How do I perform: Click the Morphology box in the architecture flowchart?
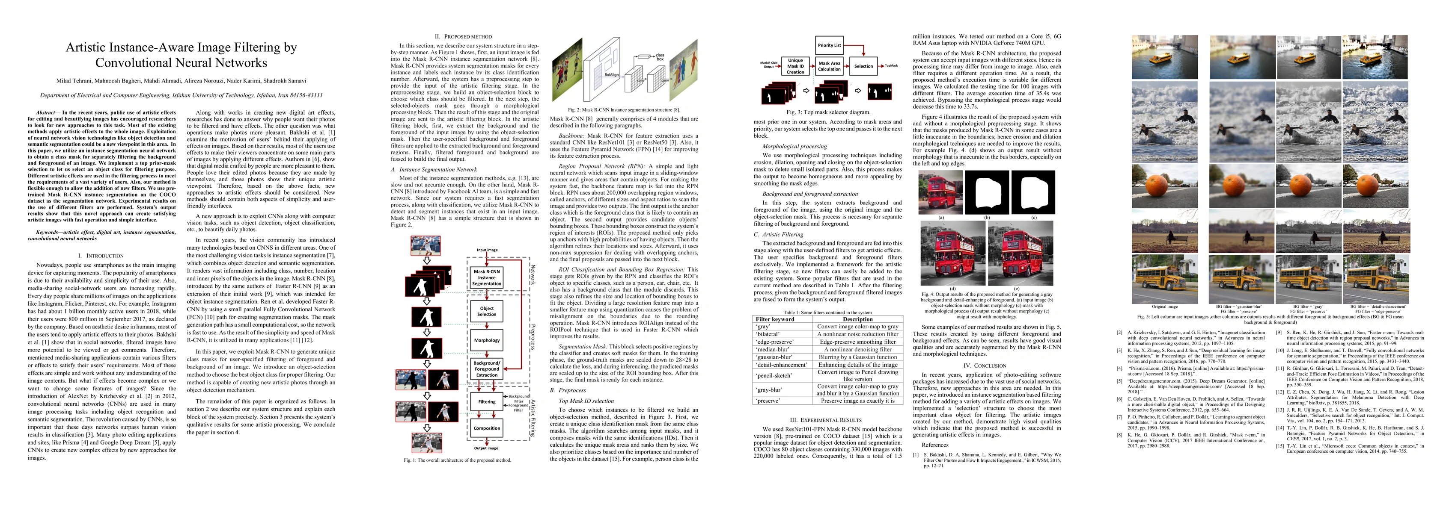click(x=486, y=340)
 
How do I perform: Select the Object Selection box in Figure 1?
click(x=486, y=311)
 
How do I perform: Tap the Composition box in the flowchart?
click(x=486, y=428)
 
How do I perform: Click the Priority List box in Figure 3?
click(x=829, y=45)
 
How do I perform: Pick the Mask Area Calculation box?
click(x=829, y=66)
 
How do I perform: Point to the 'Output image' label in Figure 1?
click(x=486, y=448)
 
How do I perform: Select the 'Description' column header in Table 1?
click(x=857, y=319)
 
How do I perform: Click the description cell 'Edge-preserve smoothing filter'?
click(x=857, y=342)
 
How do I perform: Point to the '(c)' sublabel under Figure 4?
click(x=1033, y=217)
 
